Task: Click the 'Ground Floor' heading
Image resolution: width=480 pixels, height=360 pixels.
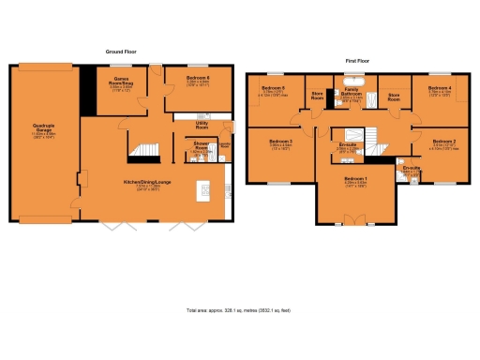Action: coord(123,52)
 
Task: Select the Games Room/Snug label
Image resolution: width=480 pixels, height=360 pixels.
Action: coord(122,82)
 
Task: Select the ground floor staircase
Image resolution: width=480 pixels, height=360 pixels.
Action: coord(142,150)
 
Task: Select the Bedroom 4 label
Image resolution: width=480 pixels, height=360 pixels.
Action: coord(440,91)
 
